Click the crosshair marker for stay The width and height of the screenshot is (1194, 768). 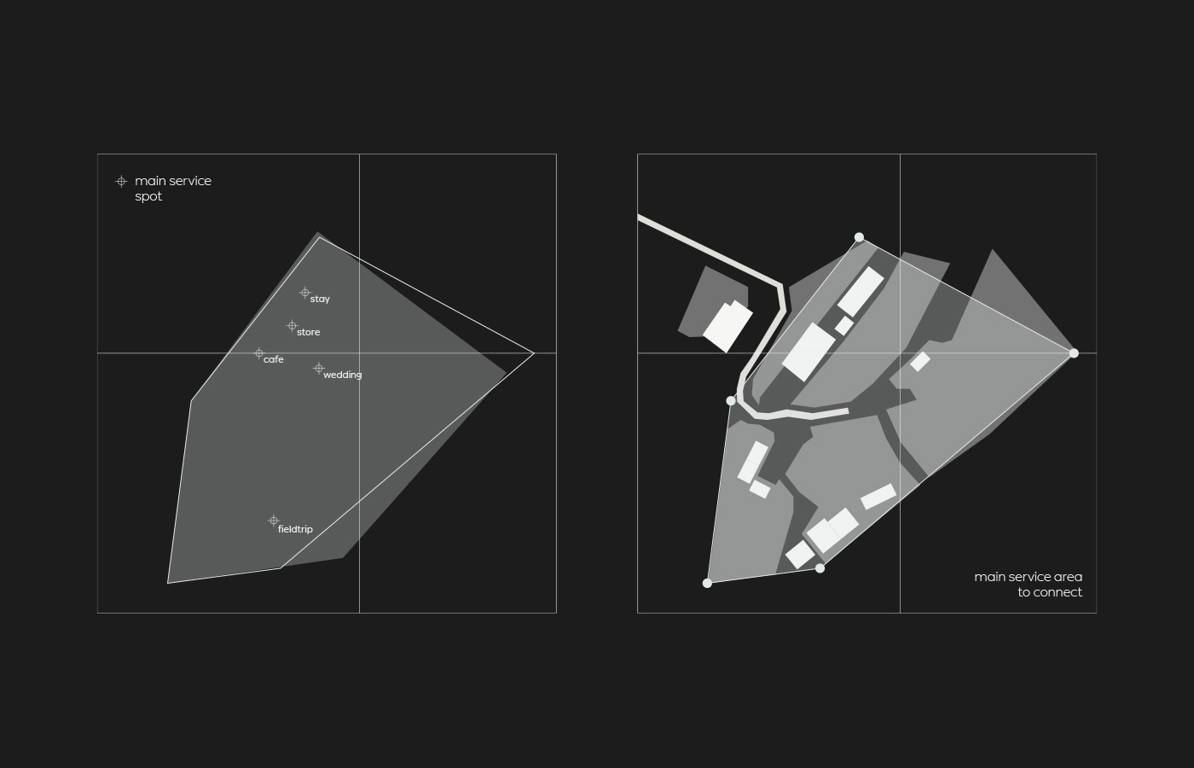[x=305, y=292]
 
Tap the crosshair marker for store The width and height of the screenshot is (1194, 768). [x=292, y=325]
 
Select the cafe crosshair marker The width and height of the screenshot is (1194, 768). [x=258, y=353]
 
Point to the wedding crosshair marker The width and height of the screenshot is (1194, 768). [x=319, y=368]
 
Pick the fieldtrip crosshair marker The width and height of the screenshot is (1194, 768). [x=274, y=521]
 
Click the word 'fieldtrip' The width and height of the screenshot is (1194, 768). [x=295, y=529]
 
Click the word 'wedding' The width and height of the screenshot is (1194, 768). [x=343, y=375]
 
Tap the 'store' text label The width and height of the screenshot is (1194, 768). [x=308, y=332]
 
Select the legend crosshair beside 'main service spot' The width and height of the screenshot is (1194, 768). [x=121, y=181]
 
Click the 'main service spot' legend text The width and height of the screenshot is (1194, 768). [x=173, y=189]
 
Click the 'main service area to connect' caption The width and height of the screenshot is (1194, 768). [x=1029, y=585]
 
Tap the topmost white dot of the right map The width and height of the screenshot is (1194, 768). [x=859, y=237]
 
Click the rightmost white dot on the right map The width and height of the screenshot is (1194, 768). [x=1074, y=353]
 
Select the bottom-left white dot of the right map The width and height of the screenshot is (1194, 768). [x=707, y=583]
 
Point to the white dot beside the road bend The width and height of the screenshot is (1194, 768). [x=731, y=400]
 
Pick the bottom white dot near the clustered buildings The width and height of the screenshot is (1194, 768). [x=820, y=568]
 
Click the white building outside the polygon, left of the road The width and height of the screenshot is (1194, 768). [x=727, y=326]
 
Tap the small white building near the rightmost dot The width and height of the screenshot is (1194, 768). [x=920, y=362]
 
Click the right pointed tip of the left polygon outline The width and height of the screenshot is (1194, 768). [x=534, y=353]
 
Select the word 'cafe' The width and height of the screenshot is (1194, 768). [x=274, y=359]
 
